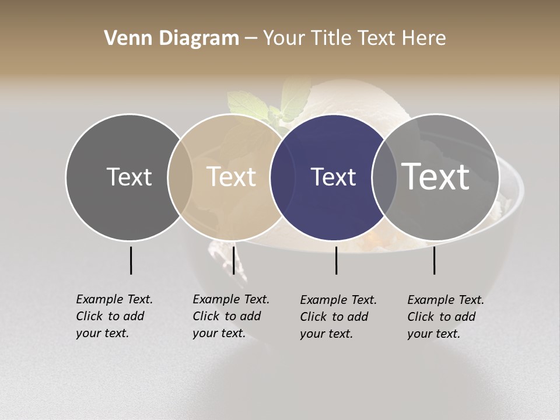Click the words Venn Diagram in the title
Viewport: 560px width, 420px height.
pyautogui.click(x=171, y=38)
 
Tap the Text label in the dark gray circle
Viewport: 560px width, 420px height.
pyautogui.click(x=129, y=177)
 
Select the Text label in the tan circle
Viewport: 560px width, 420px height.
pyautogui.click(x=231, y=177)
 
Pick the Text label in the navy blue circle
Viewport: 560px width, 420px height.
pyautogui.click(x=333, y=177)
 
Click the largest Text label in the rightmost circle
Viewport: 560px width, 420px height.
pyautogui.click(x=436, y=176)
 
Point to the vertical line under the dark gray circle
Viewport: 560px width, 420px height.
pyautogui.click(x=131, y=260)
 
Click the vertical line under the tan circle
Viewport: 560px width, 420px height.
pyautogui.click(x=233, y=260)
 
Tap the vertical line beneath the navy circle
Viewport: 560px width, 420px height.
pyautogui.click(x=336, y=260)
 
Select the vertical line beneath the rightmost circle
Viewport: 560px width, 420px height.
pyautogui.click(x=434, y=260)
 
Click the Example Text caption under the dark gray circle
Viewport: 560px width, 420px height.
pyautogui.click(x=114, y=316)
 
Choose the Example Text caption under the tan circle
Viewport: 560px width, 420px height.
pyautogui.click(x=230, y=316)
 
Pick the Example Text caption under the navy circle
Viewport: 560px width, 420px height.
pyautogui.click(x=338, y=317)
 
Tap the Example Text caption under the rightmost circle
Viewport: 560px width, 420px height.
pyautogui.click(x=445, y=317)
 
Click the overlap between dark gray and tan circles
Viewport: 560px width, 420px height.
pyautogui.click(x=180, y=177)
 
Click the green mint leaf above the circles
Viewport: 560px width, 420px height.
pyautogui.click(x=248, y=105)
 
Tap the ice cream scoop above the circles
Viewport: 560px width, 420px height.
pyautogui.click(x=350, y=99)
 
